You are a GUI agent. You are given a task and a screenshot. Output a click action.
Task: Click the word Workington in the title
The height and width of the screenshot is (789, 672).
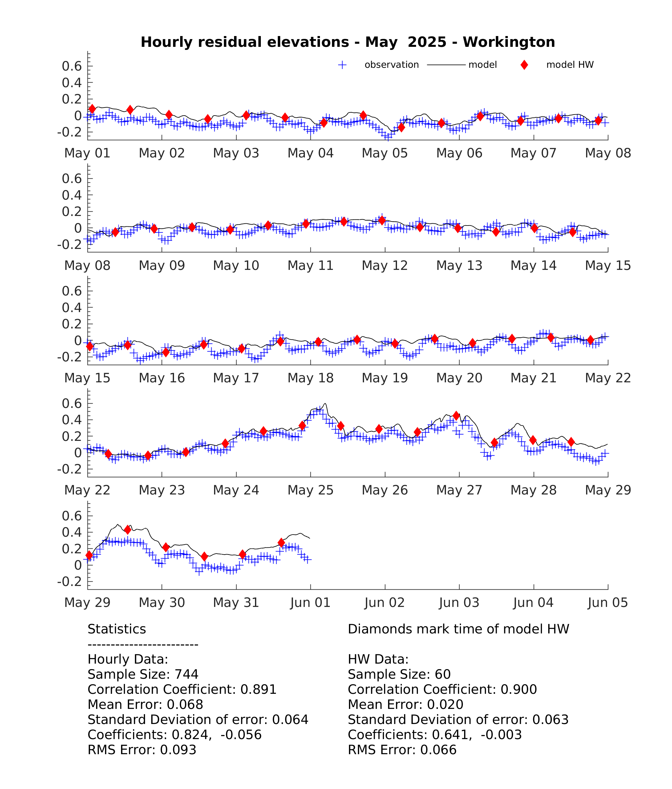[509, 42]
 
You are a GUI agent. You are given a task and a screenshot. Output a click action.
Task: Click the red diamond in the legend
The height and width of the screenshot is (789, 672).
[524, 65]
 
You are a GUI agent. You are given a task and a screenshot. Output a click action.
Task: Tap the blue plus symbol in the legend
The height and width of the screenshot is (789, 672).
[342, 65]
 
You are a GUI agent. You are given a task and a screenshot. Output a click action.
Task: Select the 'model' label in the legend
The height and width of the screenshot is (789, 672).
[482, 65]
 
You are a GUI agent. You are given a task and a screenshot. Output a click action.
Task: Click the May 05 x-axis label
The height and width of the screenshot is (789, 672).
[385, 153]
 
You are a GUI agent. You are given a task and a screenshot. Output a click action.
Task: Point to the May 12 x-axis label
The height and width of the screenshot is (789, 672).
[385, 265]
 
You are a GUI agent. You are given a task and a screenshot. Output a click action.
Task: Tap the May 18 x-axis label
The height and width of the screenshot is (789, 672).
[310, 378]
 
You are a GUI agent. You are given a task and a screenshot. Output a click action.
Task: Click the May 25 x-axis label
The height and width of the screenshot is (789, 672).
[310, 490]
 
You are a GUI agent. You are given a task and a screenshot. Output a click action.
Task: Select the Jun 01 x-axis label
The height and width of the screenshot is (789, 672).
[310, 602]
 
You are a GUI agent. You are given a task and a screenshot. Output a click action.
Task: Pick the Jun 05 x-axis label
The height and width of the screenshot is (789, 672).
[608, 602]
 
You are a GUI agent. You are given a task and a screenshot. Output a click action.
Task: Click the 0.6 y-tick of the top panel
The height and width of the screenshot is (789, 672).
[72, 66]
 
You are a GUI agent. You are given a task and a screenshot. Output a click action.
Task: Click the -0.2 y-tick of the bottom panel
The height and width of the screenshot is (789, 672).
[69, 581]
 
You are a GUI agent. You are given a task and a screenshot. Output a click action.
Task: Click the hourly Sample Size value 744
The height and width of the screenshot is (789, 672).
[187, 674]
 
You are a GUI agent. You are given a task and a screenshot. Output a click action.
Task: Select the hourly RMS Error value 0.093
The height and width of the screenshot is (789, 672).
[178, 750]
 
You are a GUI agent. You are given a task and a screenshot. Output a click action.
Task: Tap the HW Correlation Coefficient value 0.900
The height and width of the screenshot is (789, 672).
[519, 689]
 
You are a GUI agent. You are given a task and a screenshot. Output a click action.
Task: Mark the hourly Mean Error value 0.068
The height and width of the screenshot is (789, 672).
[185, 705]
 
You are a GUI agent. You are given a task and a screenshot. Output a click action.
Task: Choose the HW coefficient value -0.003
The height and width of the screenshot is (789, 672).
[501, 734]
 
